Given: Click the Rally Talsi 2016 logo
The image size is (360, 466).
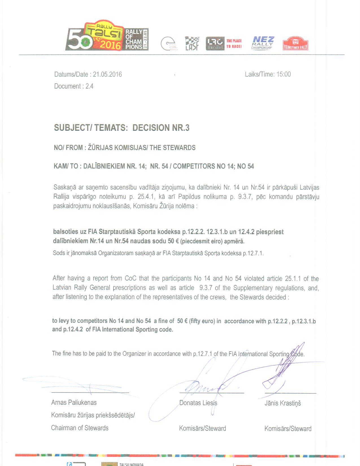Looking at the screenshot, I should tap(107, 36).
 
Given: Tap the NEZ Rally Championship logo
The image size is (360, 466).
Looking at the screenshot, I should tap(263, 43).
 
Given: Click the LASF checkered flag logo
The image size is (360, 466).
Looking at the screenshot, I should tap(192, 43).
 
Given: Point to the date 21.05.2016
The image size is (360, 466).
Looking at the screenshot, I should tap(107, 75).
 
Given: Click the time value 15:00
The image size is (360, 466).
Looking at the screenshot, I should tap(283, 74).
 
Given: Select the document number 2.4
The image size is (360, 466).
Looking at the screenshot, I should tap(90, 86).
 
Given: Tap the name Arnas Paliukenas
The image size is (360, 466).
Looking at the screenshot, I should tap(74, 402).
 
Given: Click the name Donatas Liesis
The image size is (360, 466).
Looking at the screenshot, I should tap(198, 403).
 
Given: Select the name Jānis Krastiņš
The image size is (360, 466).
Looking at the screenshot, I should tap(283, 403).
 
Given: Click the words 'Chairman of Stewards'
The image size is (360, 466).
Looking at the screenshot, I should tap(80, 428).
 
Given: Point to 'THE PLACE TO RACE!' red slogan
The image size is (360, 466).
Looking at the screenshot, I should tap(234, 43).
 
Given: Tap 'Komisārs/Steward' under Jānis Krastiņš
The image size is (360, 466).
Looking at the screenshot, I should tap(288, 429).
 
